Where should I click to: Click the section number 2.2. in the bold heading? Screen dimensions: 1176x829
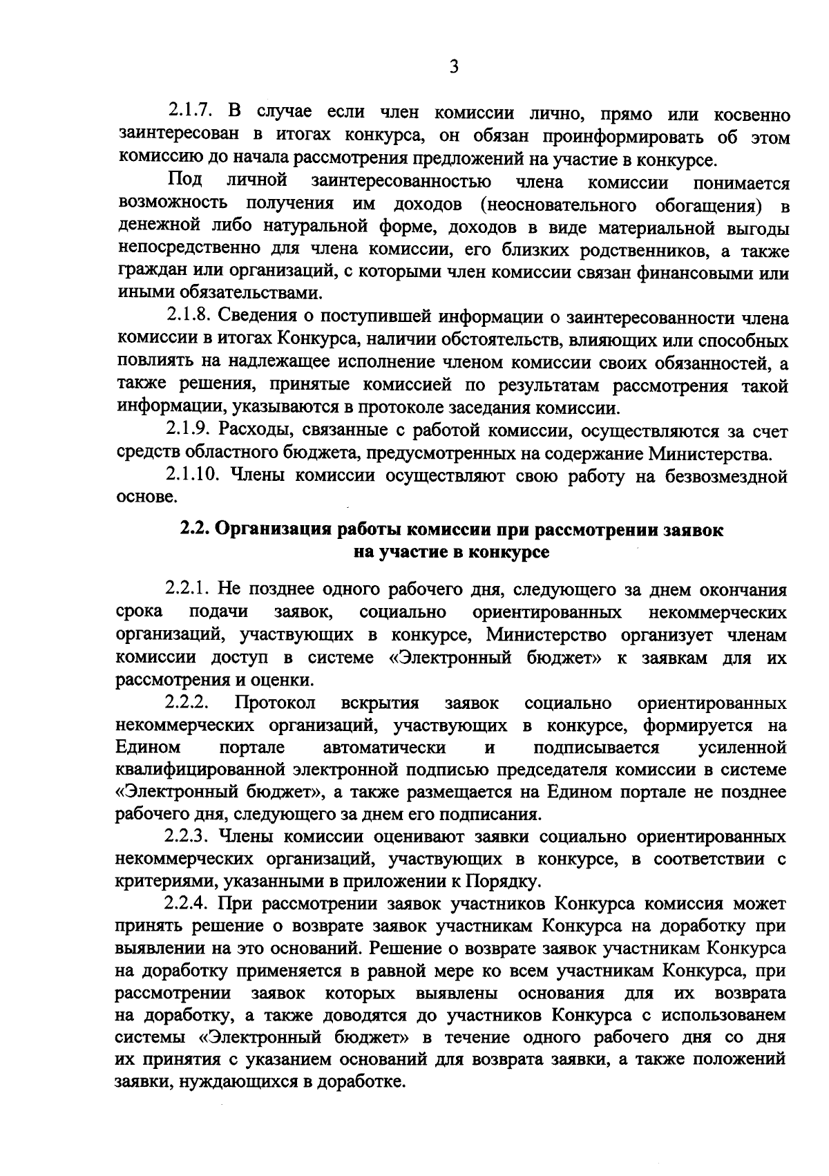[x=195, y=530]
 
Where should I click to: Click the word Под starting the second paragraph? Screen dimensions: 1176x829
[x=185, y=181]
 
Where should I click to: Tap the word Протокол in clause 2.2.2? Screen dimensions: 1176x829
[x=275, y=703]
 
